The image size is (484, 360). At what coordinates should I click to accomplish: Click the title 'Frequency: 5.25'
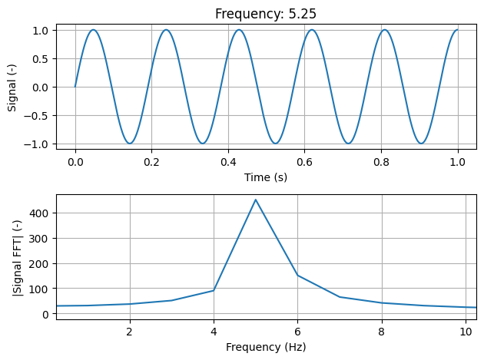point(266,14)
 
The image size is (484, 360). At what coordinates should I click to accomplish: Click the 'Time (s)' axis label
point(266,177)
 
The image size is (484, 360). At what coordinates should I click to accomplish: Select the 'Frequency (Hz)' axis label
point(266,347)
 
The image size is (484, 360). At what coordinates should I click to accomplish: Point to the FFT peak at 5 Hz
point(256,200)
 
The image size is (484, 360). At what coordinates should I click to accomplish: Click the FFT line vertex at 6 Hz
point(297,276)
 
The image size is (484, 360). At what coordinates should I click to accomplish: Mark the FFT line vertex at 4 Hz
point(214,290)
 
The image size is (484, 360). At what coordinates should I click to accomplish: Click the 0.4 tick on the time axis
point(228,163)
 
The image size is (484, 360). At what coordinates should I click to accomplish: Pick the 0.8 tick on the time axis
point(381,163)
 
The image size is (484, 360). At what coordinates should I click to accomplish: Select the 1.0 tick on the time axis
point(458,163)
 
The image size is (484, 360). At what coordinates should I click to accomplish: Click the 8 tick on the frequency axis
point(381,332)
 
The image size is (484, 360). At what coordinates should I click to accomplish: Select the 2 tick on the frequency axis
point(130,332)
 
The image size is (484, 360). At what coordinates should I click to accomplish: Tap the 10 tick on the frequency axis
point(465,332)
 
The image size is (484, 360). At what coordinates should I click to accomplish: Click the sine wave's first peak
point(94,30)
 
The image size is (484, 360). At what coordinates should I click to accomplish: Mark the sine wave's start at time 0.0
point(75,87)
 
